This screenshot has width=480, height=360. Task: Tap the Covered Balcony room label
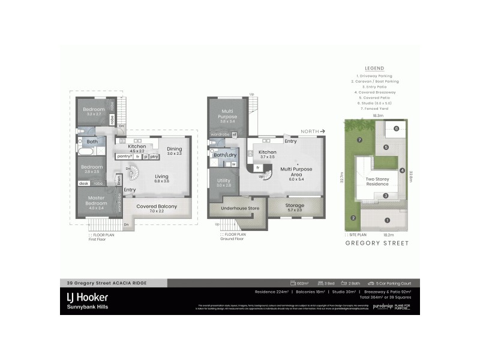pyautogui.click(x=157, y=206)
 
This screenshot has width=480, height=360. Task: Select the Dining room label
pyautogui.click(x=175, y=149)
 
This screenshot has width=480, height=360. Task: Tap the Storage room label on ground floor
pyautogui.click(x=295, y=206)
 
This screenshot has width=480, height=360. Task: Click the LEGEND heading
pyautogui.click(x=374, y=68)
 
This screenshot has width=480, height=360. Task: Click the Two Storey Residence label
pyautogui.click(x=378, y=181)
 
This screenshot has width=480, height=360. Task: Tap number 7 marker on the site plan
pyautogui.click(x=359, y=140)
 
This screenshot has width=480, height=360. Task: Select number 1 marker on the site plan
pyautogui.click(x=387, y=220)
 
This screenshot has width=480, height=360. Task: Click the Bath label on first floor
pyautogui.click(x=92, y=142)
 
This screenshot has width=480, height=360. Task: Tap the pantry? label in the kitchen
pyautogui.click(x=125, y=156)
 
